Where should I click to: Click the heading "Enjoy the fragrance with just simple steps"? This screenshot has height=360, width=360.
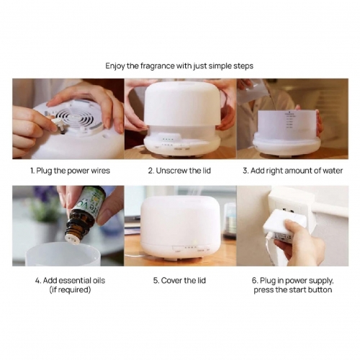point(179,66)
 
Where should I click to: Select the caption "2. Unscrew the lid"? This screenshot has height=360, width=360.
point(180,171)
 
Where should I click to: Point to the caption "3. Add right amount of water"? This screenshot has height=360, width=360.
point(292,171)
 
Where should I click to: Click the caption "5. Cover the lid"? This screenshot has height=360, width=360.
point(180,279)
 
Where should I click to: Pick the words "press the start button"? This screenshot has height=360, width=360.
point(292,289)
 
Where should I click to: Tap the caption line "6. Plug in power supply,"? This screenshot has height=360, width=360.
point(292,279)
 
